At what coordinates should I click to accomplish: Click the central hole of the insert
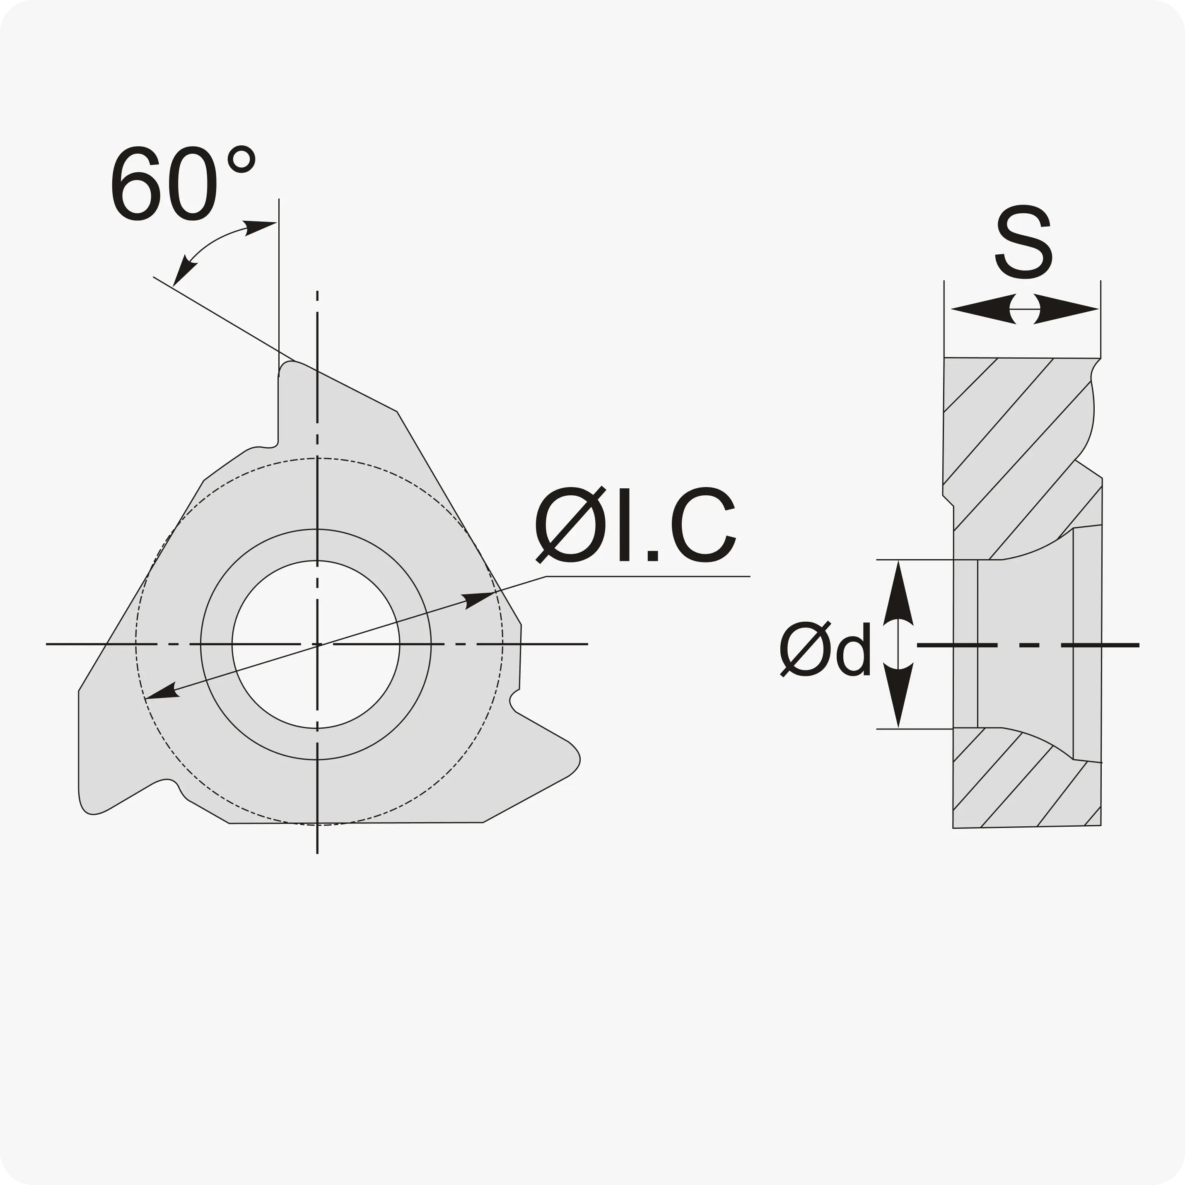click(x=316, y=644)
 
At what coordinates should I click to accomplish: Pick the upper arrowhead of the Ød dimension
click(x=898, y=593)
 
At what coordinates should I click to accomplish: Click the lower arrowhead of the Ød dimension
click(x=898, y=695)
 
